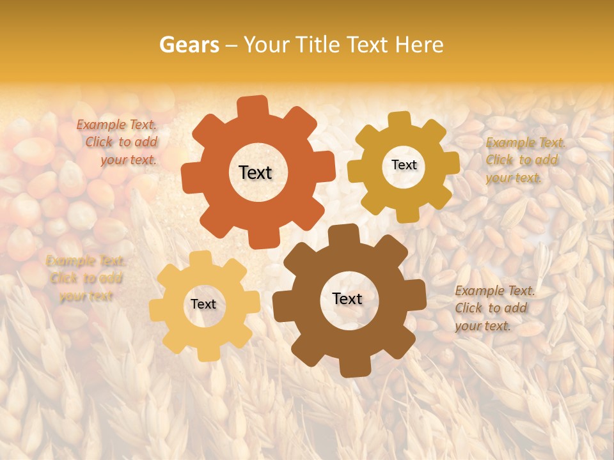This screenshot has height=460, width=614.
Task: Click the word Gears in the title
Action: [189, 45]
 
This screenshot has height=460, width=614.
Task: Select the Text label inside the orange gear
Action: [255, 172]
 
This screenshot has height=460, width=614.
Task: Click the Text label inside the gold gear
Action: [404, 165]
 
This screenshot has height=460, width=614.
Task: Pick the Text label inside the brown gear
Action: [347, 298]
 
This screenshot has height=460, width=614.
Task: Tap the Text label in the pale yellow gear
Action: [203, 304]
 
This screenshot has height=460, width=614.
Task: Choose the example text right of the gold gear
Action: [524, 160]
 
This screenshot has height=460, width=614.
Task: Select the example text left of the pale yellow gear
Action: [86, 278]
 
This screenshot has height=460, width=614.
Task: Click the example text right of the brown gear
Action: [494, 308]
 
